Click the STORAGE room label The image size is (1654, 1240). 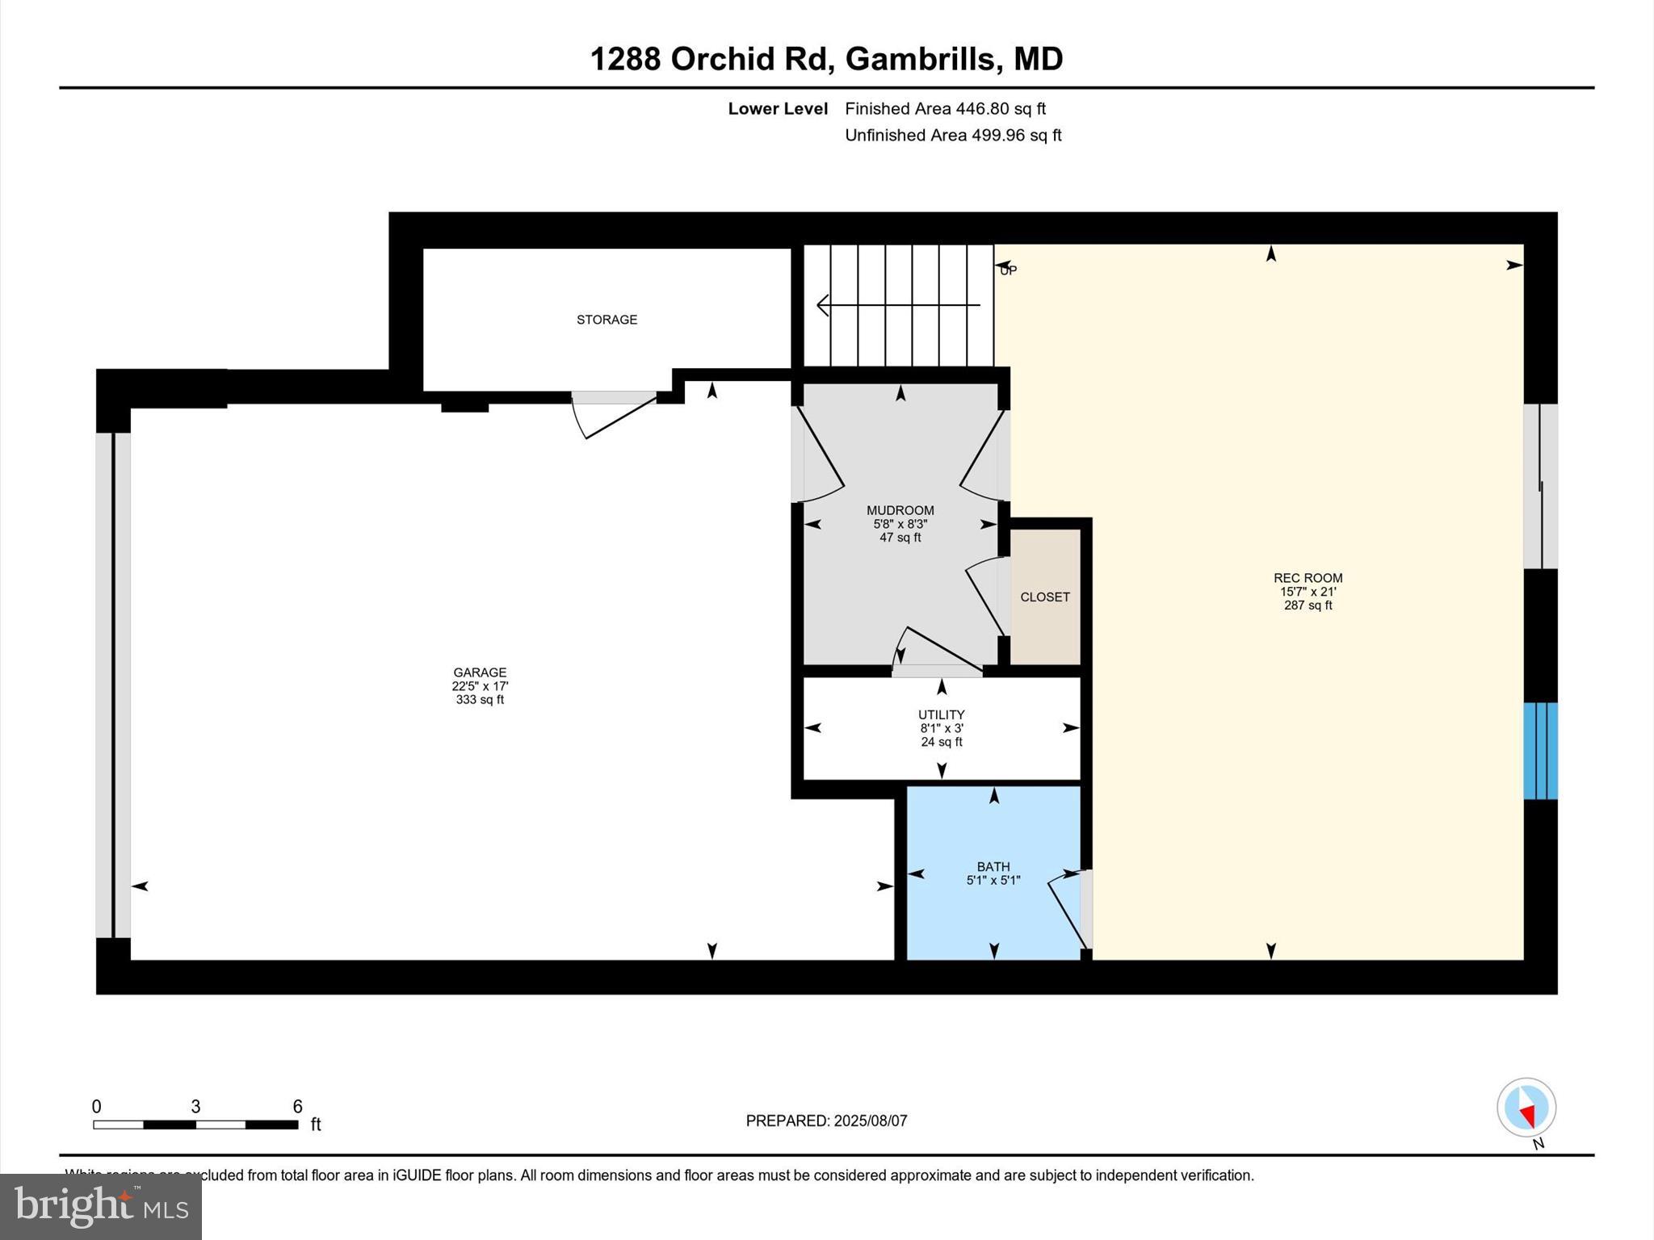coord(607,320)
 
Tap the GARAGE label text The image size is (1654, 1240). coord(480,672)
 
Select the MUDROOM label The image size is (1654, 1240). coord(900,510)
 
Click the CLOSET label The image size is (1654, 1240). coord(1044,597)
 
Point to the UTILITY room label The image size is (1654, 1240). coord(941,714)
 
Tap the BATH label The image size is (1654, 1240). coord(993,867)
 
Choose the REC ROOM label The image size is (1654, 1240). coord(1308,578)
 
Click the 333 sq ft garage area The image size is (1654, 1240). coord(480,700)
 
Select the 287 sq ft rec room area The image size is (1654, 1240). coord(1308,605)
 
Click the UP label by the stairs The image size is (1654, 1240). coord(1008,271)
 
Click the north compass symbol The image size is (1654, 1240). coord(1526,1108)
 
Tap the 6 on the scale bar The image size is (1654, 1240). coord(297,1107)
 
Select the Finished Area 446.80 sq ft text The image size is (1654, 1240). coord(945,108)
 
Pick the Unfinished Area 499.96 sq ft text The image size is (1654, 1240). coord(953,135)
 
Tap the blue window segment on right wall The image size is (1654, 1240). coord(1540,751)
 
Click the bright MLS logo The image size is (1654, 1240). coord(101,1206)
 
